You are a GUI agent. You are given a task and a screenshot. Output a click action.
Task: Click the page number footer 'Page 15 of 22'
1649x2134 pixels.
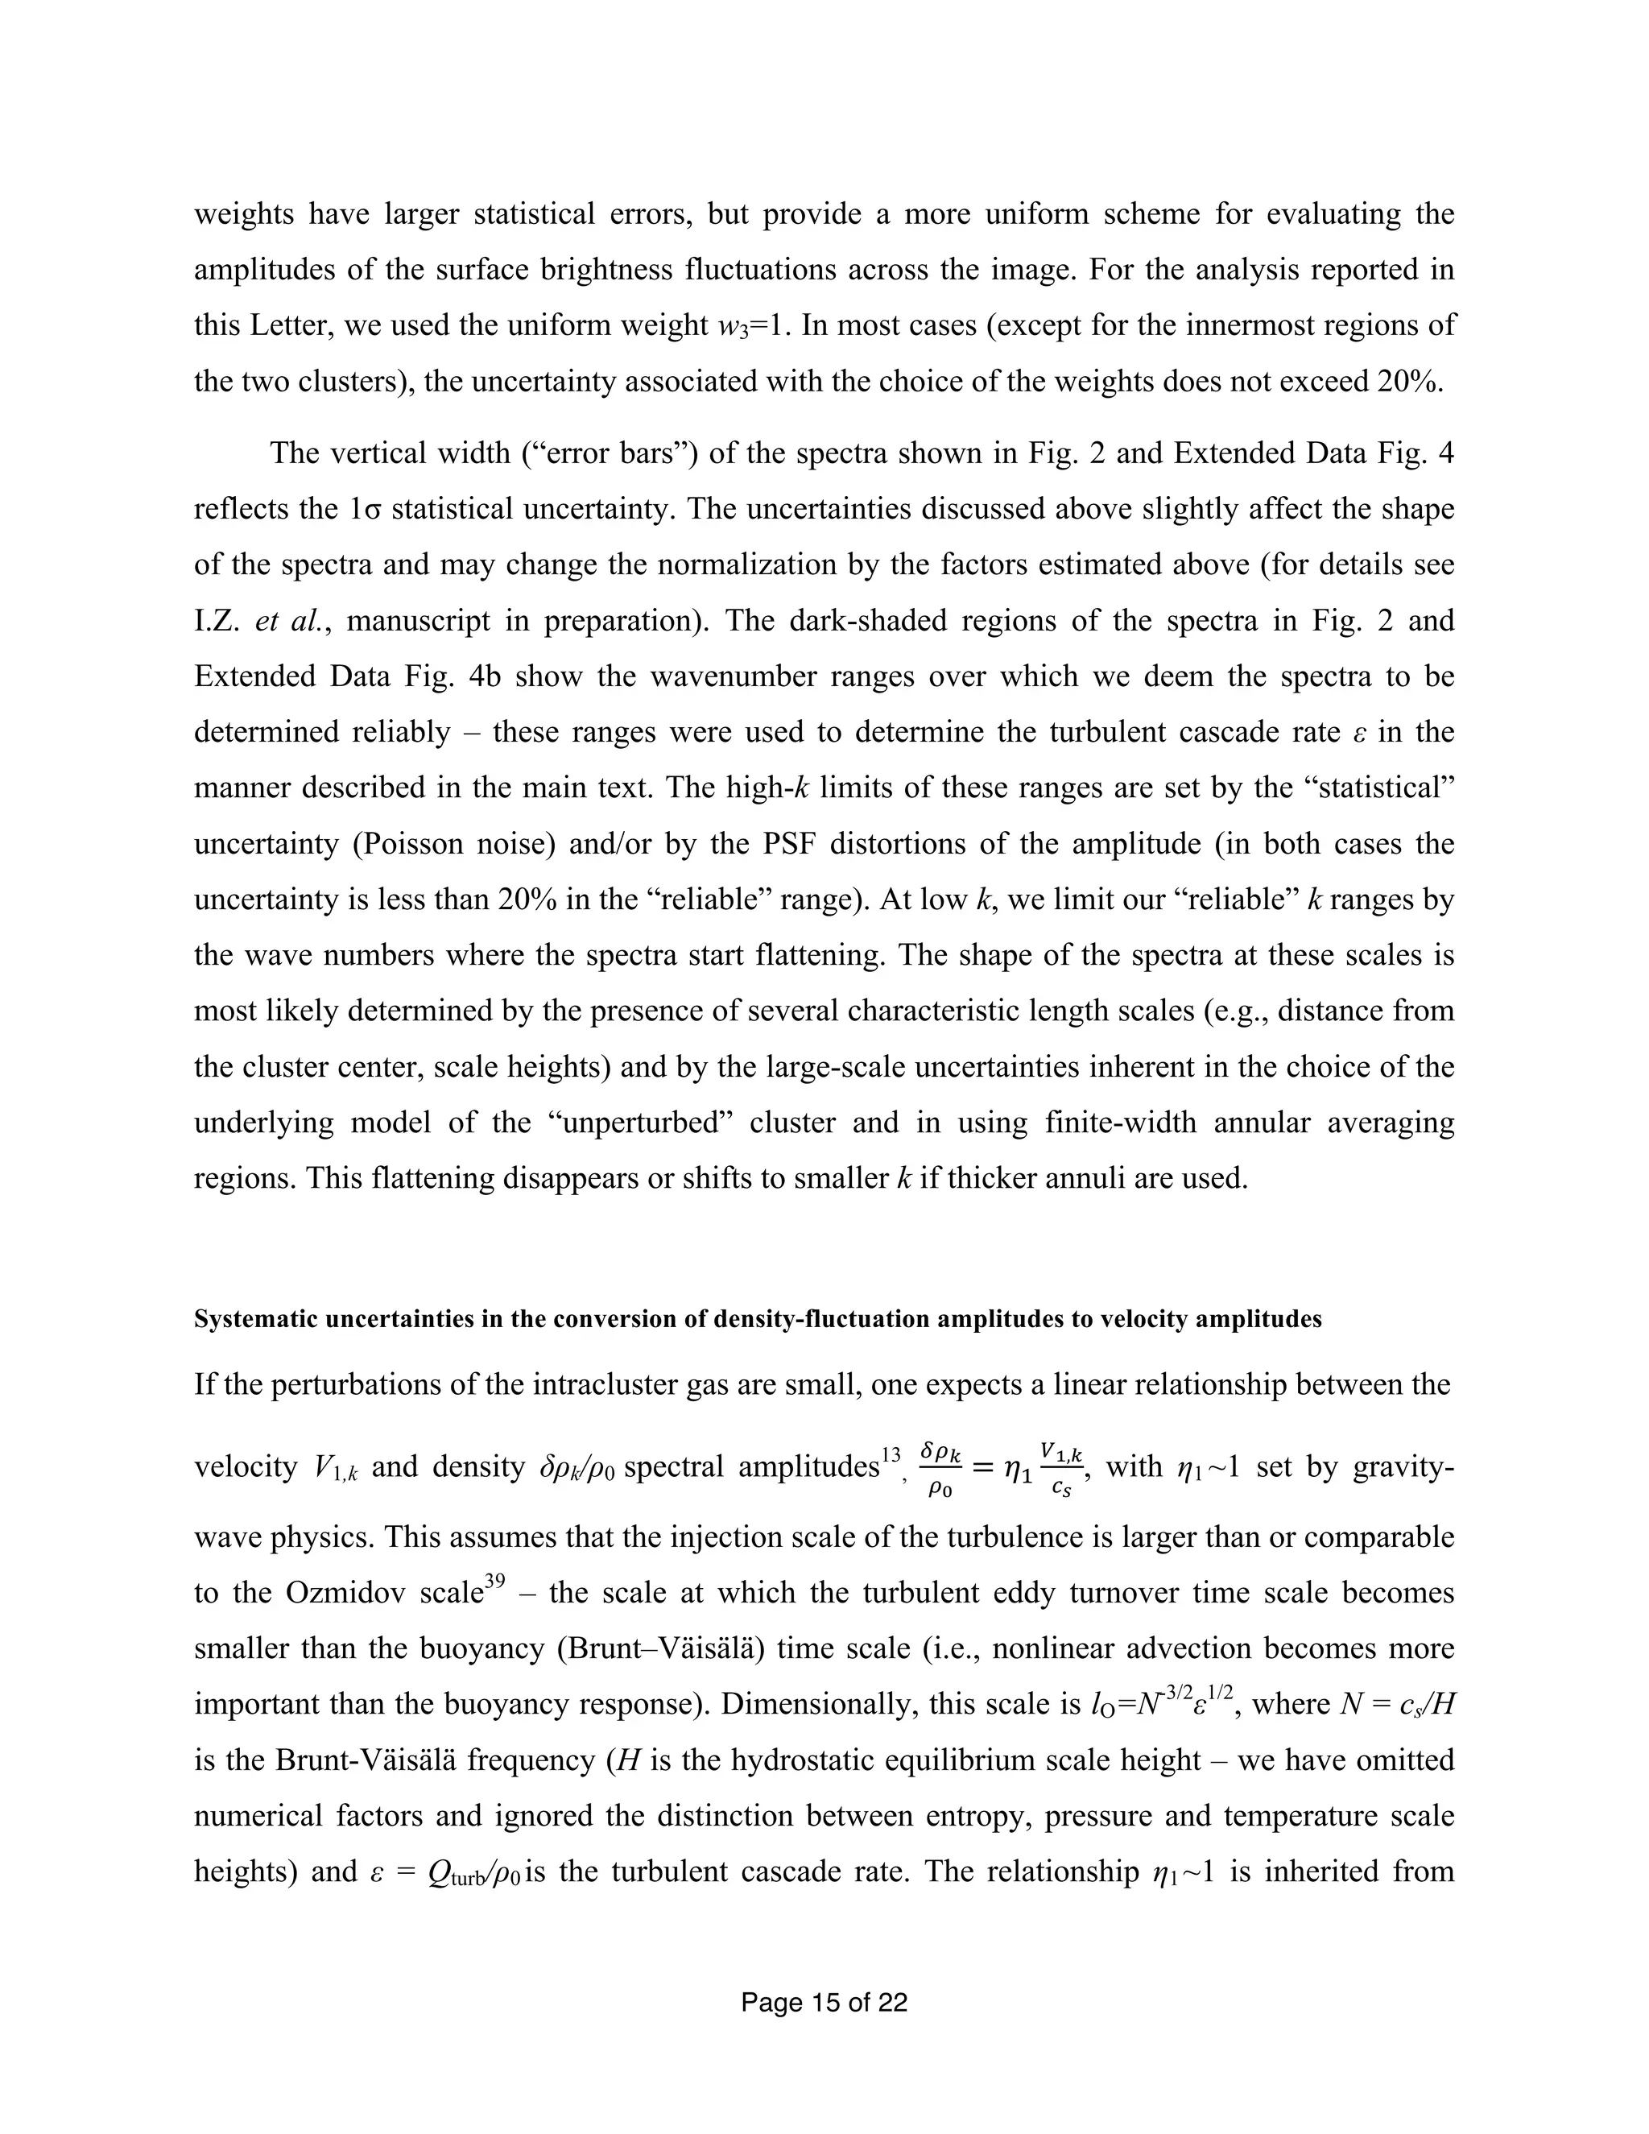click(x=824, y=2003)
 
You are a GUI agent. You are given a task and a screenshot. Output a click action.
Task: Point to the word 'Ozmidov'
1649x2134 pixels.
click(x=352, y=1594)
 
